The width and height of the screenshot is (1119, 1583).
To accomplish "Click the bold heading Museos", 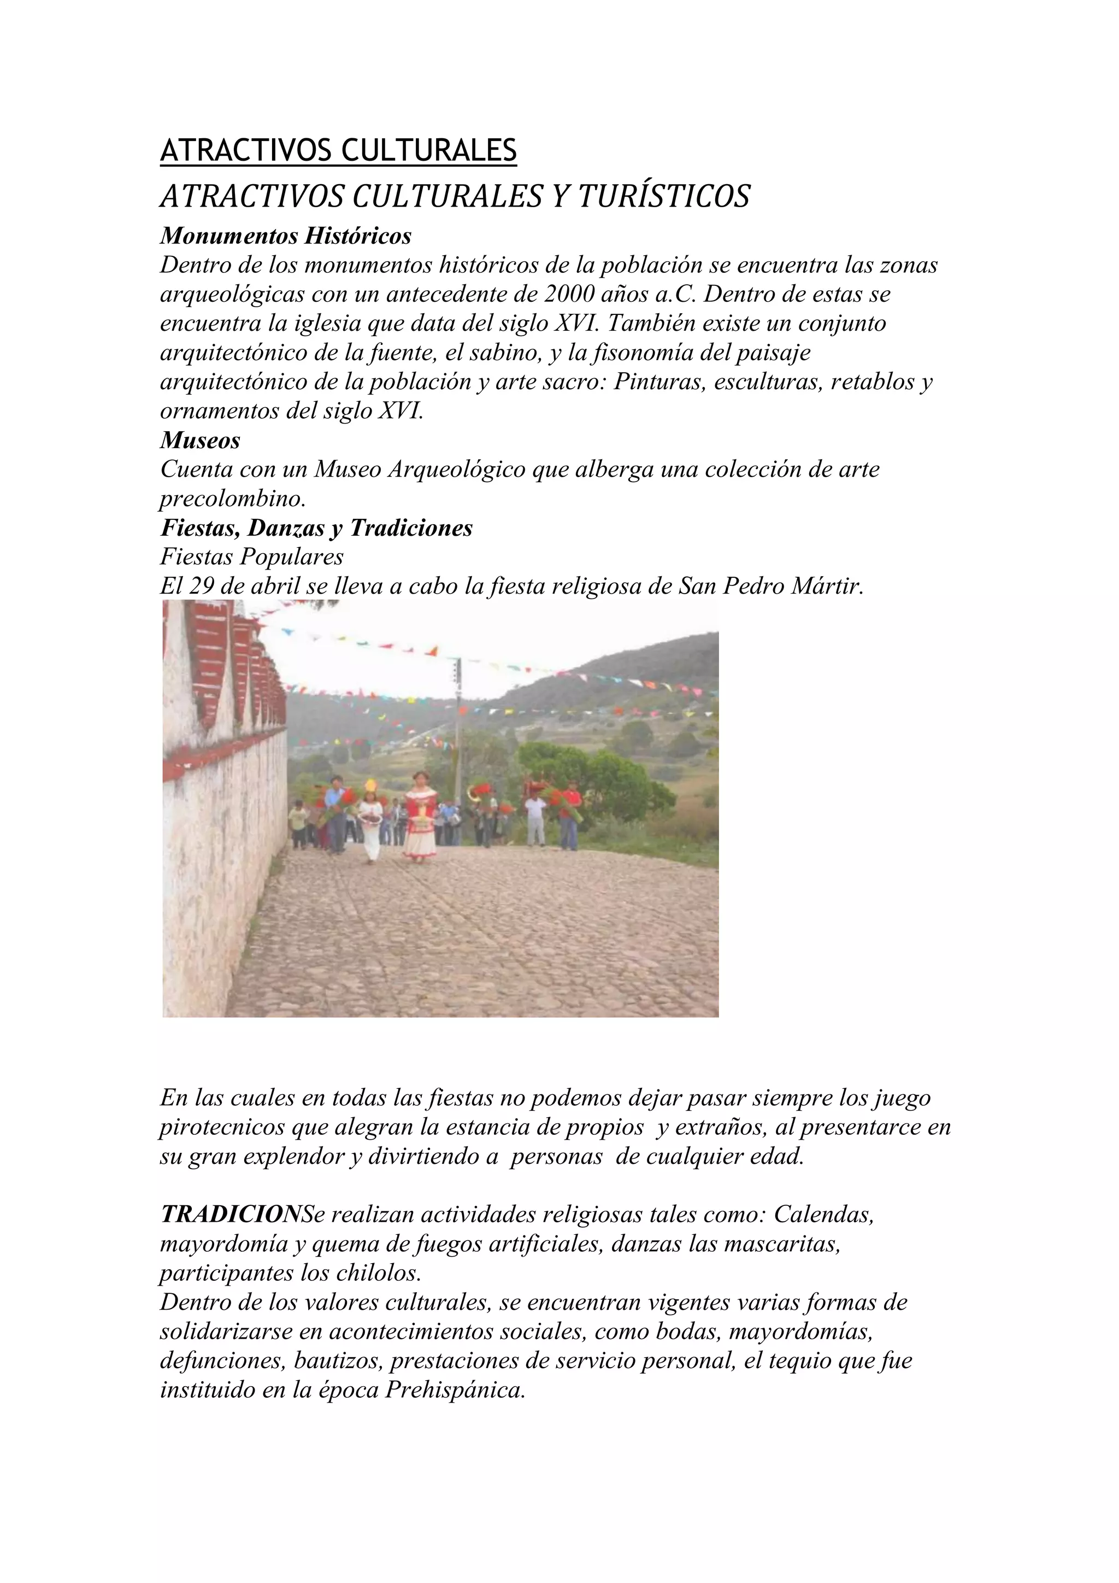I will pyautogui.click(x=200, y=440).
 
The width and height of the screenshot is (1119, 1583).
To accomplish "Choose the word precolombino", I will pyautogui.click(x=232, y=499).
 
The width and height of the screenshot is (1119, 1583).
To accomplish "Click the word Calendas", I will pyautogui.click(x=824, y=1214).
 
